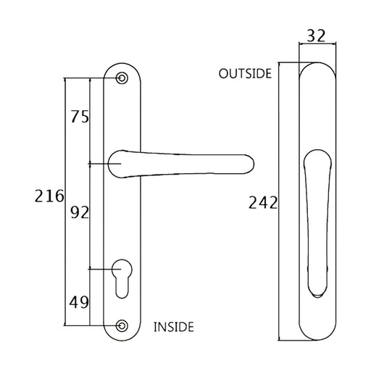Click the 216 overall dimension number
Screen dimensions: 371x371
pyautogui.click(x=49, y=196)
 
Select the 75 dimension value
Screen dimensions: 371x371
pyautogui.click(x=80, y=117)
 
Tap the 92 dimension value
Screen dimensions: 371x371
pyautogui.click(x=80, y=212)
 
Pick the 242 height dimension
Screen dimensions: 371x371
pyautogui.click(x=263, y=203)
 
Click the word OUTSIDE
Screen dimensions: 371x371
pyautogui.click(x=246, y=74)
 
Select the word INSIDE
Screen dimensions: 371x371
pyautogui.click(x=174, y=327)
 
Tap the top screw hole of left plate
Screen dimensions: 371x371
pyautogui.click(x=121, y=77)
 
